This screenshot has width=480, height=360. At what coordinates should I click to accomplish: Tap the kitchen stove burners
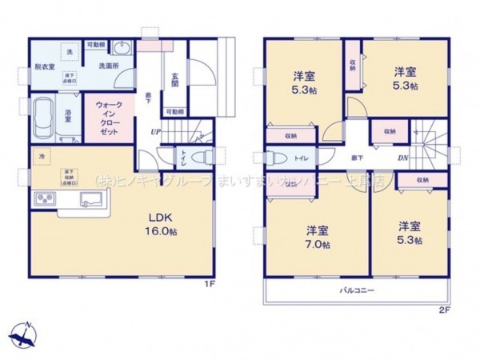(44, 200)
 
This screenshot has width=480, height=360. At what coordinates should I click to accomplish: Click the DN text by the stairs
(404, 158)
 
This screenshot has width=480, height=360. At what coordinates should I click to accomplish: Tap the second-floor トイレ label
(300, 158)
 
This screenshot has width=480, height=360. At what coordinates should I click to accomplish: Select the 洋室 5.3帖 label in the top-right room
(404, 77)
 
